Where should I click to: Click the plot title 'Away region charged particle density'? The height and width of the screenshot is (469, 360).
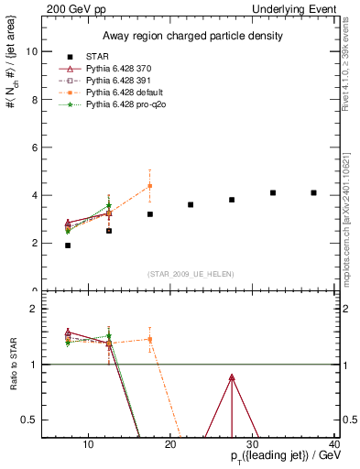[188, 37]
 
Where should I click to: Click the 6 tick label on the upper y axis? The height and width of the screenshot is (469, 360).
[36, 147]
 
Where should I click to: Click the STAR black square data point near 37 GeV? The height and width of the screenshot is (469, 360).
[313, 192]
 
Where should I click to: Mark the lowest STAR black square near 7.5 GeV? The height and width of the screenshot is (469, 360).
[68, 245]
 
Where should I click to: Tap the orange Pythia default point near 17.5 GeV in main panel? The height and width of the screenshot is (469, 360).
[149, 186]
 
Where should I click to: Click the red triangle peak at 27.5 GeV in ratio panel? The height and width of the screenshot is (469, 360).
[232, 377]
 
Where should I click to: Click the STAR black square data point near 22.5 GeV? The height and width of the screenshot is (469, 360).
[191, 204]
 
